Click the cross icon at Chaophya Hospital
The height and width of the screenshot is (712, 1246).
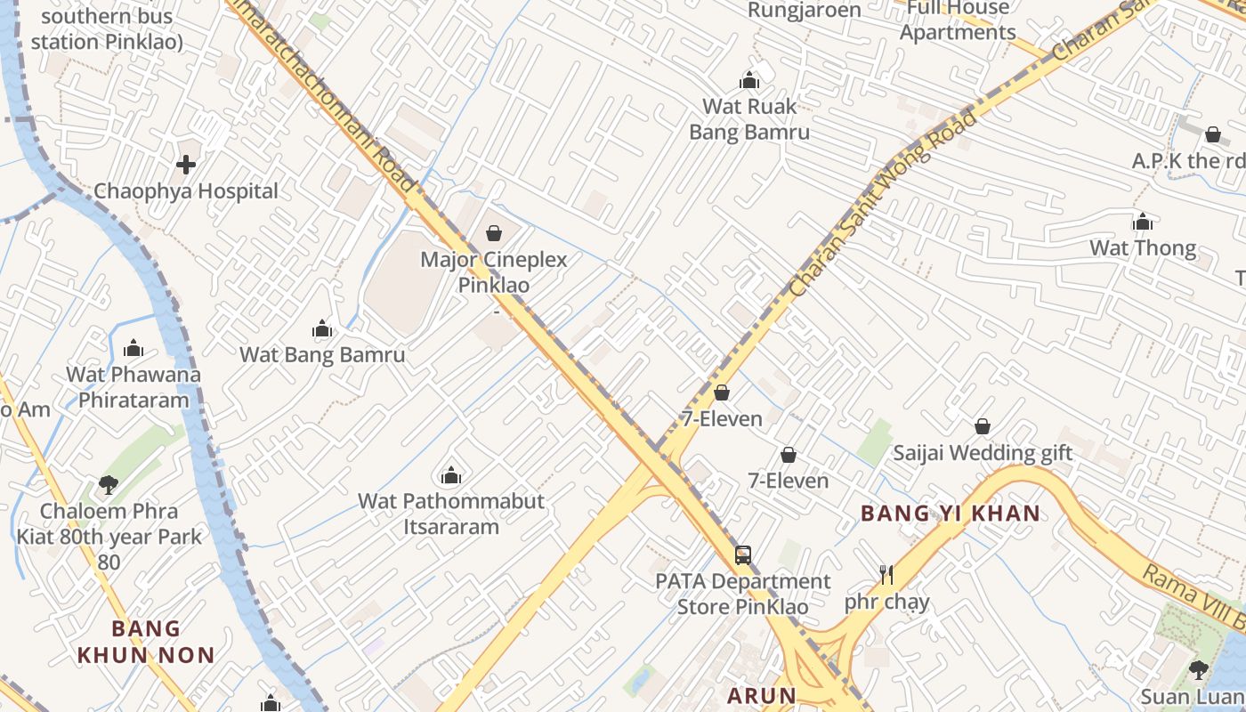186,165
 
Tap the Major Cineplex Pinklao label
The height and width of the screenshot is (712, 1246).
494,272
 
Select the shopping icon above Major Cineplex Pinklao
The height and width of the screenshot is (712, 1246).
494,233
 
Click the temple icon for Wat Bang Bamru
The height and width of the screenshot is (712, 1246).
322,330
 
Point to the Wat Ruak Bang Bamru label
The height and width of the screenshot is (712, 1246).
749,119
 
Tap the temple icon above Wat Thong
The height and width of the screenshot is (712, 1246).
1143,222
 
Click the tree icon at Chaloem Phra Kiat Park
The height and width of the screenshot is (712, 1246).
109,485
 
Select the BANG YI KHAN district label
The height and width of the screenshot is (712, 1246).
951,514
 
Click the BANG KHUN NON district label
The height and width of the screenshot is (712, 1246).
146,643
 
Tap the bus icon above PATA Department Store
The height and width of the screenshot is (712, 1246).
743,555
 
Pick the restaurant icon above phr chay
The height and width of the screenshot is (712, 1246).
886,575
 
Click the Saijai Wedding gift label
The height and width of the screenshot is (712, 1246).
983,453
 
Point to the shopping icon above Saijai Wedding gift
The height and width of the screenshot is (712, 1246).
983,427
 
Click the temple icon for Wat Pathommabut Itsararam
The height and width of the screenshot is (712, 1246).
451,476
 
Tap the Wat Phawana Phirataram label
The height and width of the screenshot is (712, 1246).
133,387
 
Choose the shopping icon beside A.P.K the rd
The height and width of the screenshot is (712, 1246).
1212,135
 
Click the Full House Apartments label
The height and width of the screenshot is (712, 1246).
958,20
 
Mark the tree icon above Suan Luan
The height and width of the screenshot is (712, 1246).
1198,670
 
